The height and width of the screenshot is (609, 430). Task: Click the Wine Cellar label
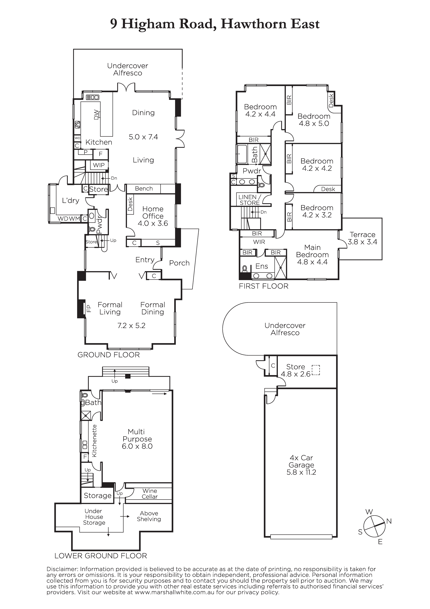tap(150, 494)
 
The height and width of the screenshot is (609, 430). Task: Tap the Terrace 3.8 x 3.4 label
tap(362, 238)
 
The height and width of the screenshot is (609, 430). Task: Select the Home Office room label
tap(153, 212)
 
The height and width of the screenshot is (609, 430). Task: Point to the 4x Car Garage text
tap(301, 461)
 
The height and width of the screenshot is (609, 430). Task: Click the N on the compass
tap(389, 521)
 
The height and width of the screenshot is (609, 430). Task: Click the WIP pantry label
tap(99, 165)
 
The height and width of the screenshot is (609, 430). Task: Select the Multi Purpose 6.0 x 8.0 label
tap(137, 439)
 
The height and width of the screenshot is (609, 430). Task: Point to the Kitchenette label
tap(94, 441)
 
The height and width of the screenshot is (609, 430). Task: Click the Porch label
tap(179, 263)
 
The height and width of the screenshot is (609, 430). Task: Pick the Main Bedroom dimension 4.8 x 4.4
tap(312, 262)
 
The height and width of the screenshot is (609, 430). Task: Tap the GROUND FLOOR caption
tap(108, 355)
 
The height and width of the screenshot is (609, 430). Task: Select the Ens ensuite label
tap(262, 266)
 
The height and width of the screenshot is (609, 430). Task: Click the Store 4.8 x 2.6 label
tap(296, 370)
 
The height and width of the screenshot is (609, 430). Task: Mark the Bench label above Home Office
tap(144, 189)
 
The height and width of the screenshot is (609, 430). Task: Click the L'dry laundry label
tap(70, 201)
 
